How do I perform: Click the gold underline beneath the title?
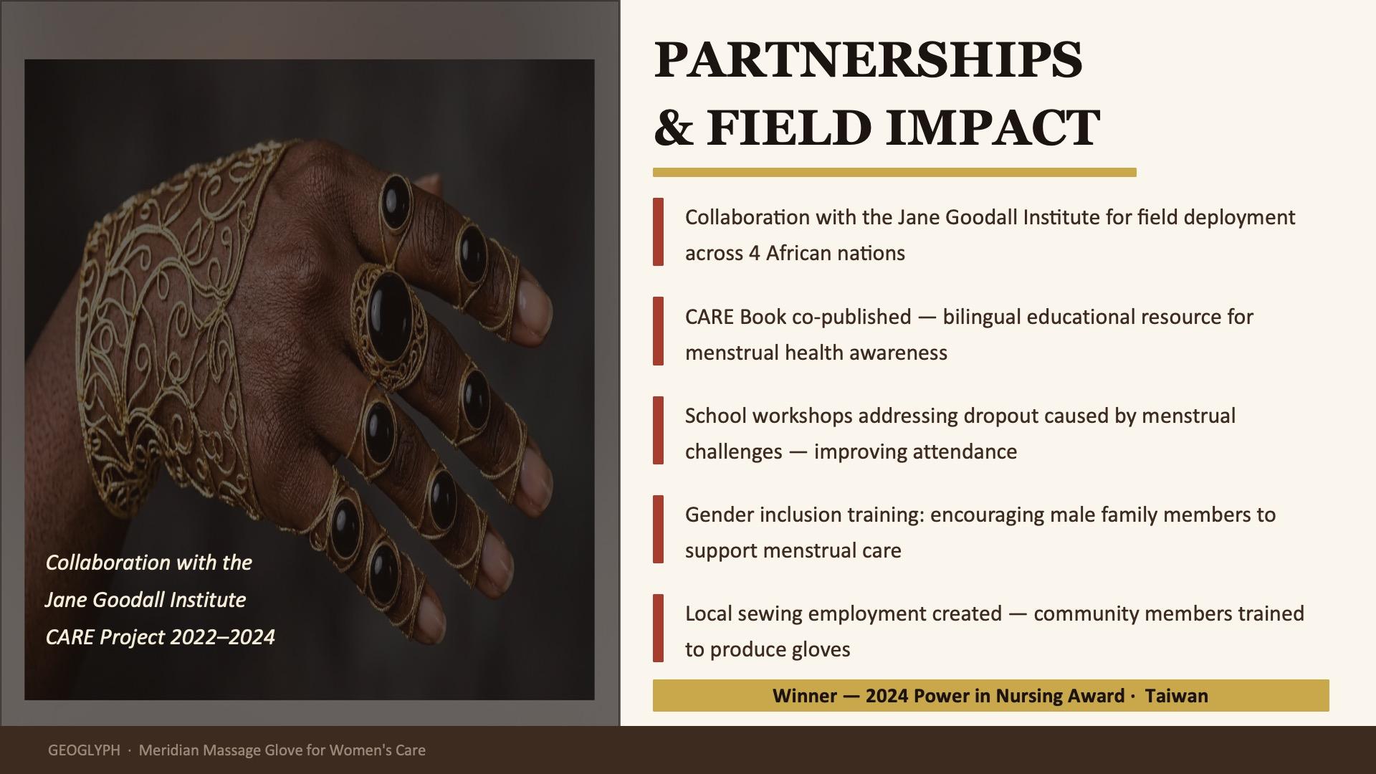pos(894,172)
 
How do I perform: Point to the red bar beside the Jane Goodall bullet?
pos(658,232)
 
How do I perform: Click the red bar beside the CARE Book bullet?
pos(658,332)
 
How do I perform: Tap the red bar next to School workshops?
pos(658,431)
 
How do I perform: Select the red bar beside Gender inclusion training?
pos(658,530)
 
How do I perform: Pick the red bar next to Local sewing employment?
pos(658,629)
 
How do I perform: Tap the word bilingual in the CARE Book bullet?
pos(982,317)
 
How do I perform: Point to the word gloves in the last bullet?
pos(819,649)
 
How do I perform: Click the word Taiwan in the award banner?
pos(1177,696)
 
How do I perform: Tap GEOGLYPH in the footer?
pos(84,750)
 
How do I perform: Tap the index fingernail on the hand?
pos(533,308)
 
